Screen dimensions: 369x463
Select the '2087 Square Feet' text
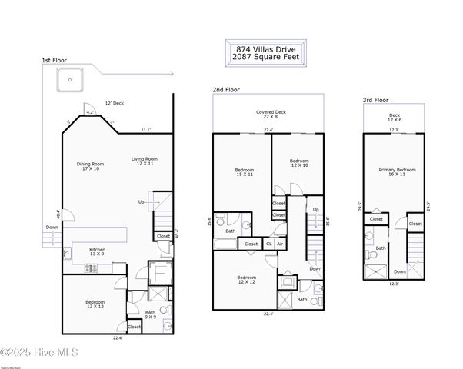click(265, 58)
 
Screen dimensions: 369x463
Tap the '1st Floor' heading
click(55, 60)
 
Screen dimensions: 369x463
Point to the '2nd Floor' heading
click(226, 90)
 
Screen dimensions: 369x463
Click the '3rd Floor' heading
click(376, 100)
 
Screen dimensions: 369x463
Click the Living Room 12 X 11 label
click(141, 161)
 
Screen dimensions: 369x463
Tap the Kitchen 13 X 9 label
click(98, 252)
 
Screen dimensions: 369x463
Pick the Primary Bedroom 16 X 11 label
click(398, 172)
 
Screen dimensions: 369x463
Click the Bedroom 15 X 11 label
click(245, 172)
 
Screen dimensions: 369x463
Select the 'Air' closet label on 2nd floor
click(280, 244)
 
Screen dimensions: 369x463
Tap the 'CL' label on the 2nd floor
click(268, 244)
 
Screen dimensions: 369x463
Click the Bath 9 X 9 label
click(150, 314)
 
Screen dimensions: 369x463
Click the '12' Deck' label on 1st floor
click(115, 103)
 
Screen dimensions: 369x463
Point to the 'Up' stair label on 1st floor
click(141, 202)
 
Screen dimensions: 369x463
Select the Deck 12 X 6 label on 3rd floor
click(395, 118)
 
